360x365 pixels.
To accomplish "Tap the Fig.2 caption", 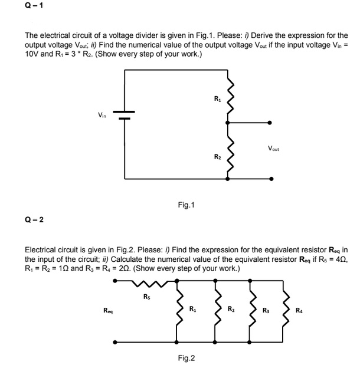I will tap(186, 358).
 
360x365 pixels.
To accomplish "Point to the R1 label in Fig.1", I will tap(217, 98).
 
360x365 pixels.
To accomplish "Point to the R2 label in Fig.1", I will tap(217, 156).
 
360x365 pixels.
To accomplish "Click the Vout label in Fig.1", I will tap(273, 149).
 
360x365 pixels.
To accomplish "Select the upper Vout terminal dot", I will tap(270, 123).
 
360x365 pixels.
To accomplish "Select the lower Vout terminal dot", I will tap(270, 179).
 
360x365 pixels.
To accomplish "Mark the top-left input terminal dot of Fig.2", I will tap(116, 281).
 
